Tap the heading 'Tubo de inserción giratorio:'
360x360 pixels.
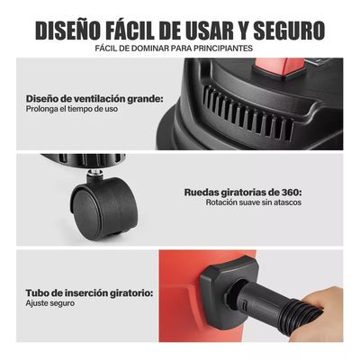click(89, 292)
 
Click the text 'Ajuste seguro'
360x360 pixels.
click(49, 304)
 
